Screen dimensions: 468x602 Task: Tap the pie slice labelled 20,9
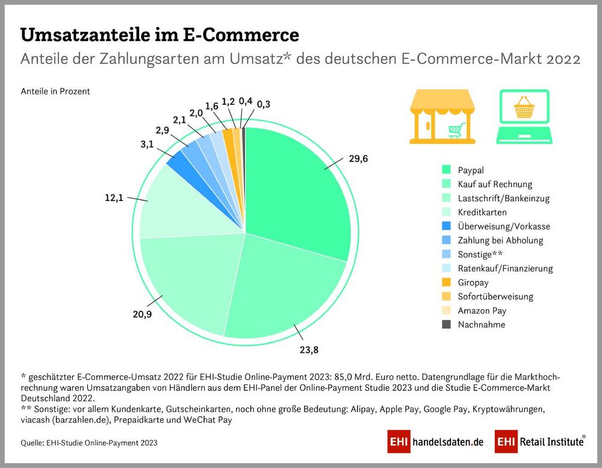(x=187, y=283)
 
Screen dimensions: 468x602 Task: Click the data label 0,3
(x=263, y=104)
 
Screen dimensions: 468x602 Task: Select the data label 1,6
(x=211, y=106)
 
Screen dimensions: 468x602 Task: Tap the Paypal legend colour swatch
(x=446, y=170)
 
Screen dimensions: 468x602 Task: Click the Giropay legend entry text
(x=474, y=282)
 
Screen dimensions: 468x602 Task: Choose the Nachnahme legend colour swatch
(x=446, y=325)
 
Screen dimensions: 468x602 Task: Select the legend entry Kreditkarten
(x=482, y=212)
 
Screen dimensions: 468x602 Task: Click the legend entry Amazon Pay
(x=482, y=311)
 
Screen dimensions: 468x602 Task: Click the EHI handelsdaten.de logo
(x=436, y=441)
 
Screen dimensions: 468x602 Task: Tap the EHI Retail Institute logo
(x=540, y=441)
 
